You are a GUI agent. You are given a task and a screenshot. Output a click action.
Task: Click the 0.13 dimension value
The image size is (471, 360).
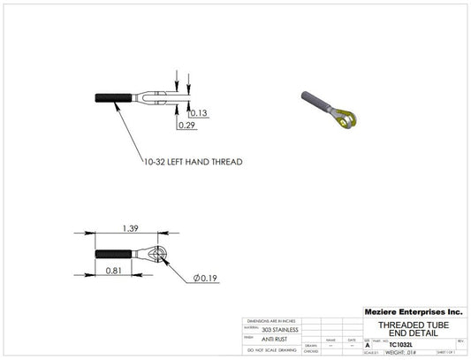(x=198, y=112)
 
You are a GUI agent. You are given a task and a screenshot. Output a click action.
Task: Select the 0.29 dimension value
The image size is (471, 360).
(x=186, y=126)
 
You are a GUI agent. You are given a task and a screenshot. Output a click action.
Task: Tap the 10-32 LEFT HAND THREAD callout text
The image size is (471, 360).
(x=193, y=162)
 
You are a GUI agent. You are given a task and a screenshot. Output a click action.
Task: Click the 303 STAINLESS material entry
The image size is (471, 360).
(x=280, y=329)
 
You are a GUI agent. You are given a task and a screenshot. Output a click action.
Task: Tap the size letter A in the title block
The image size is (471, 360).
(x=368, y=345)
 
